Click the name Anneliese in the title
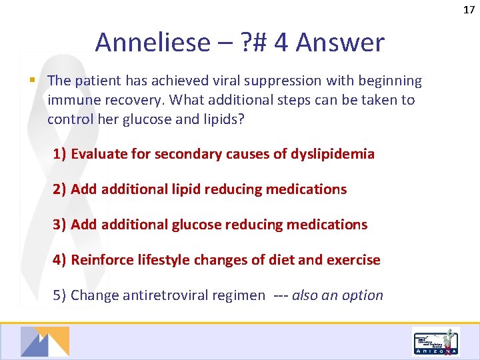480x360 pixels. click(152, 43)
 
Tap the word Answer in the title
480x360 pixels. click(340, 43)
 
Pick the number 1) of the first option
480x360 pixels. click(60, 154)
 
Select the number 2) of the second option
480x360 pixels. click(60, 189)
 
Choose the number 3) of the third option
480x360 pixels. click(60, 225)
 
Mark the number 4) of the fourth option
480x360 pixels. click(60, 260)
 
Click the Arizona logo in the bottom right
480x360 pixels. click(435, 342)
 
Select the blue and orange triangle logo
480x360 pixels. click(45, 341)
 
